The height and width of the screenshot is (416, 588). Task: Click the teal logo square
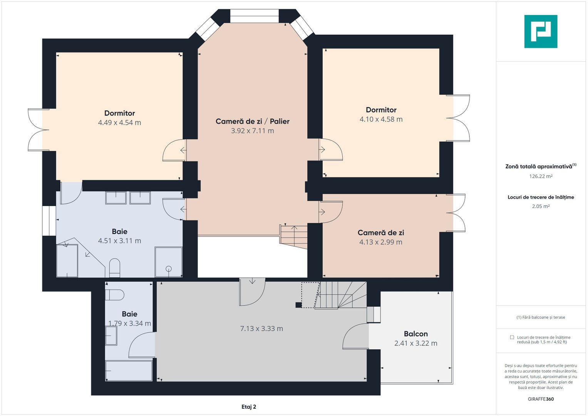coord(541,32)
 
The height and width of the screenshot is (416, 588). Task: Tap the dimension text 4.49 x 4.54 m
coord(119,122)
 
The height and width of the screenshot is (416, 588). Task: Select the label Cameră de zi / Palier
coord(253,121)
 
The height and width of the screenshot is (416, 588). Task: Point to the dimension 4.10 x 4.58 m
coord(381,119)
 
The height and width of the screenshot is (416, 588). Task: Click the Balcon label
coord(416,334)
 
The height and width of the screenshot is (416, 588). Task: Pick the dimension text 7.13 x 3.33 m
coord(261,329)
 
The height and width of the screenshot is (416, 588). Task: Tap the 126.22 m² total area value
coord(541,176)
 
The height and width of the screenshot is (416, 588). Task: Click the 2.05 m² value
coord(541,206)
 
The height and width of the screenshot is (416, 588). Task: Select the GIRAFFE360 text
coord(541,399)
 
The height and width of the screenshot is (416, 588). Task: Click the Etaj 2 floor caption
coord(249,407)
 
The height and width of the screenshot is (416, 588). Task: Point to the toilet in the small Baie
coord(114,295)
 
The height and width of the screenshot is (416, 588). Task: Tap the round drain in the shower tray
coord(169,269)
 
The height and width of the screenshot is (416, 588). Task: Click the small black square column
coord(298,305)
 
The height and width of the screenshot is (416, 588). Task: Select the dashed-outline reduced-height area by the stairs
coord(310,295)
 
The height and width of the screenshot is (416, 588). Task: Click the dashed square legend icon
coord(512,337)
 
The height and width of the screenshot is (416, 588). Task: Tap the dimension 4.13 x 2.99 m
coord(380,242)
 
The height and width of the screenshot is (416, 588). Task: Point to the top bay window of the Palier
coord(255,16)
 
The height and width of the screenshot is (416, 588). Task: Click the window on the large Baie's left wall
coord(49,221)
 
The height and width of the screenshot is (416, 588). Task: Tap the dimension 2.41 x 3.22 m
coord(416,343)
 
